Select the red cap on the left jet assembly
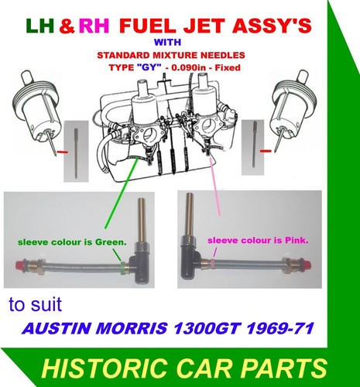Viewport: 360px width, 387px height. pos(19,265)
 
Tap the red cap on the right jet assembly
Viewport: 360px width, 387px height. pos(307,264)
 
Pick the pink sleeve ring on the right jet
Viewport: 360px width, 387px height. pos(213,264)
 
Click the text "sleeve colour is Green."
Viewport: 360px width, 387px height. pos(72,242)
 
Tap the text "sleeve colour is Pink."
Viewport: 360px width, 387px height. pos(258,241)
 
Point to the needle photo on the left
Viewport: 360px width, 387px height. pos(76,151)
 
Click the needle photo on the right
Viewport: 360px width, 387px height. pos(253,147)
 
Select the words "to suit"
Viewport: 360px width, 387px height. pos(36,304)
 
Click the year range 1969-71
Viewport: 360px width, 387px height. pos(280,328)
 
